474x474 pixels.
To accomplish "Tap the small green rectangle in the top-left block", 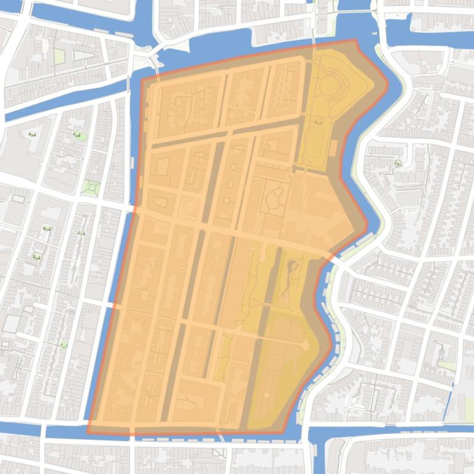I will pos(59,57).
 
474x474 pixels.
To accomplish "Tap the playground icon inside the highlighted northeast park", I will pos(317,122).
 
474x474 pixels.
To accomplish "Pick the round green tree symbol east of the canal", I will pos(398,163).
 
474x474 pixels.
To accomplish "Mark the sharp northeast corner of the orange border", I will pos(356,41).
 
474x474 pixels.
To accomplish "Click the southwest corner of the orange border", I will pos(88,431).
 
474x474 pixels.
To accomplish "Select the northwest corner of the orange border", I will pos(142,81).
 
